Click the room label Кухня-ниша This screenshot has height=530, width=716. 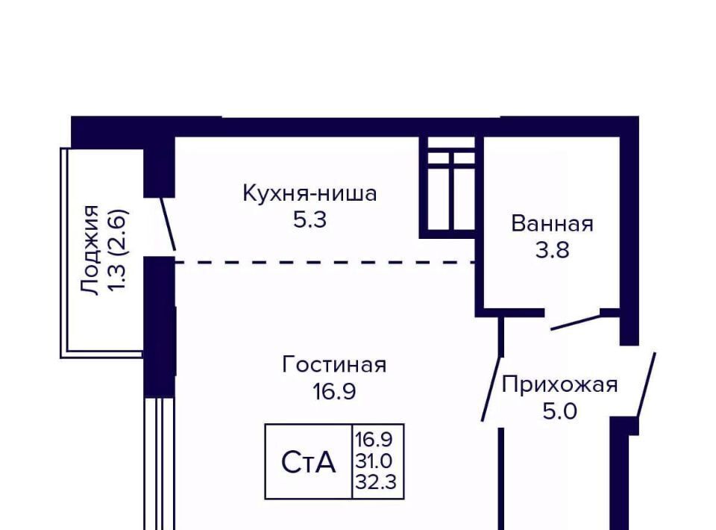(x=310, y=193)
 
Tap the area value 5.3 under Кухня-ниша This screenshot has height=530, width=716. (x=310, y=220)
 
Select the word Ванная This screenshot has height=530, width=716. (x=552, y=224)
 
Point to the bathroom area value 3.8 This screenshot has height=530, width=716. (x=552, y=250)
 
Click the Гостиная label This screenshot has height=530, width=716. (x=334, y=364)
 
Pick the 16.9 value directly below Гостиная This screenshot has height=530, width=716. (x=334, y=392)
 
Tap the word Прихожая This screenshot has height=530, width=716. (x=560, y=385)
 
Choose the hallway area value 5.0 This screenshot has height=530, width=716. (x=560, y=411)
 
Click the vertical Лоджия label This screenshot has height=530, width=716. (x=89, y=250)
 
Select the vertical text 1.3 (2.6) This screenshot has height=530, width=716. (x=117, y=250)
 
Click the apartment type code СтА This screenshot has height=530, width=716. (x=309, y=462)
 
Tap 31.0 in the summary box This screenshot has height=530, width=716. (x=374, y=461)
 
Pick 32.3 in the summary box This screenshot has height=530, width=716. (x=376, y=481)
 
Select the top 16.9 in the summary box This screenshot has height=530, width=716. (x=374, y=440)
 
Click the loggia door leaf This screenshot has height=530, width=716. (x=168, y=224)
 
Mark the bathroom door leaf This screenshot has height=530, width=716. (x=576, y=322)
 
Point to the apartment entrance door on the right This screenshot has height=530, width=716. (x=646, y=384)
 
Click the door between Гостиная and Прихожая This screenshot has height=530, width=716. (x=492, y=389)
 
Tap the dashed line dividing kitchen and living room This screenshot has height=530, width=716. (x=325, y=262)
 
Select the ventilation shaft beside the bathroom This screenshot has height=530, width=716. (x=451, y=187)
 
